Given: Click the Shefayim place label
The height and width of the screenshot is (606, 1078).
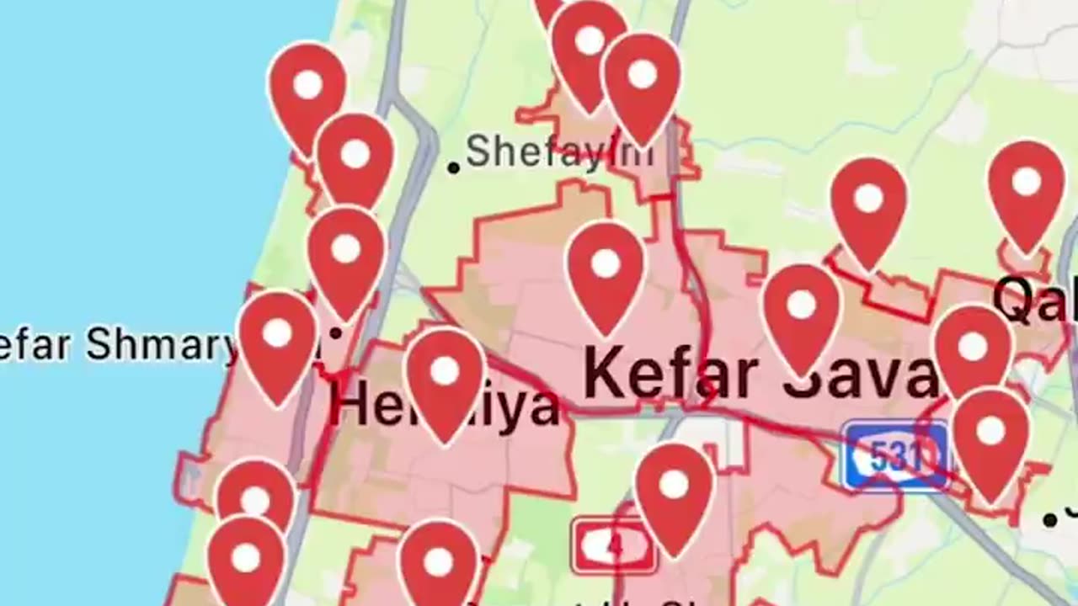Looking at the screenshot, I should click(x=558, y=152).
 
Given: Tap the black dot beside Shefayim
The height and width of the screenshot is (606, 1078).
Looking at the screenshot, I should click(x=453, y=167).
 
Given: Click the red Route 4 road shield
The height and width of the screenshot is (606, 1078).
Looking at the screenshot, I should click(x=613, y=546).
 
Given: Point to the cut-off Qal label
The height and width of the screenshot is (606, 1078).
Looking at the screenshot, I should click(x=1034, y=300).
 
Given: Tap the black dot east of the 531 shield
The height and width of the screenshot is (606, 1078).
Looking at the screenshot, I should click(x=1049, y=519).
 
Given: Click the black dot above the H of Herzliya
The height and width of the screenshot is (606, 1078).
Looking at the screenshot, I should click(x=335, y=333).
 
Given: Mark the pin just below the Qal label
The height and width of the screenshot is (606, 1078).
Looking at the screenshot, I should click(x=973, y=349).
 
